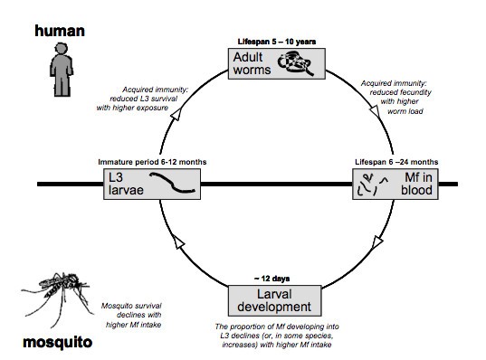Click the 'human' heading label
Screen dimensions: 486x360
coord(60,31)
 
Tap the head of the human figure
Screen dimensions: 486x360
coord(61,49)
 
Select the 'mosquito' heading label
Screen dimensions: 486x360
coord(58,342)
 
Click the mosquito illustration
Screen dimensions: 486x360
coord(57,298)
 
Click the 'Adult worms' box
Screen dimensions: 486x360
coord(276,63)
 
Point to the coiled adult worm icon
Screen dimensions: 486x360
coord(295,63)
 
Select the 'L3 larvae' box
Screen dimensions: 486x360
coord(152,184)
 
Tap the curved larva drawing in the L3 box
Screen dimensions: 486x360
coord(172,183)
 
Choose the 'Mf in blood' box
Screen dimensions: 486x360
coord(395,184)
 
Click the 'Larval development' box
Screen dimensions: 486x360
coord(274,300)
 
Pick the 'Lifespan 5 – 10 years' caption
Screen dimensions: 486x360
coord(277,42)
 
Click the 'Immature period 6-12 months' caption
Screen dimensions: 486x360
coord(152,162)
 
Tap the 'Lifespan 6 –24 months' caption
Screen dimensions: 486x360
coord(396,162)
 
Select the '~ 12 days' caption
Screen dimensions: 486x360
coord(272,279)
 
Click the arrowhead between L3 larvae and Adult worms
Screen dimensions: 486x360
coord(176,114)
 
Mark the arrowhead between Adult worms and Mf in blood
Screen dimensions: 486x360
coord(375,111)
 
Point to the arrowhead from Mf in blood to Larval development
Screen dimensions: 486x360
coord(377,242)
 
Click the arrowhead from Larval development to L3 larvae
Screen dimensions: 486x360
coord(178,242)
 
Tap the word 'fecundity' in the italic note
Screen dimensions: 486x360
coord(415,92)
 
